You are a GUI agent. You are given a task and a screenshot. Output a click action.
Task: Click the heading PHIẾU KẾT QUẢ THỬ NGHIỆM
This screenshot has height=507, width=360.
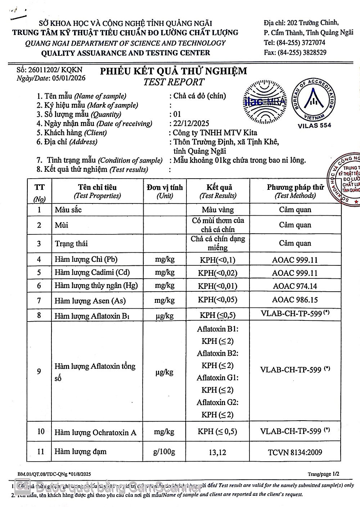174,71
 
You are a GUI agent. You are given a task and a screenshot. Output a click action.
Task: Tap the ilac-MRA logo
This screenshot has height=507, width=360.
265,102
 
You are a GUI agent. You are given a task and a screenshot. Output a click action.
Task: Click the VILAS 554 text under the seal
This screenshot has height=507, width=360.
314,125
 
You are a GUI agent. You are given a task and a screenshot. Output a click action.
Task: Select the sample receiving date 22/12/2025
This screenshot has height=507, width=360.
191,124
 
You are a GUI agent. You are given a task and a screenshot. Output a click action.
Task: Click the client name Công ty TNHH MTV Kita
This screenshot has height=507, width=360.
215,133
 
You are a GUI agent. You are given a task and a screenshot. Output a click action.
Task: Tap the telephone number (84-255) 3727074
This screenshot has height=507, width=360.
301,42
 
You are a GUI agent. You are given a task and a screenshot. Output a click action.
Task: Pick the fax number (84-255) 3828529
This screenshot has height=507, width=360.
302,52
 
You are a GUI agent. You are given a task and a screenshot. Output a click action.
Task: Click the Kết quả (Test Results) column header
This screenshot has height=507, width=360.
218,191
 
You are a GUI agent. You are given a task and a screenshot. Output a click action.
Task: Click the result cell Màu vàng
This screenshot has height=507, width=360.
218,210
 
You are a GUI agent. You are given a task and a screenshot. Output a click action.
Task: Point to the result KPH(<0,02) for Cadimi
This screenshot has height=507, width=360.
218,273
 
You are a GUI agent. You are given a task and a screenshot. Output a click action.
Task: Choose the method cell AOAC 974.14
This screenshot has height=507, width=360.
295,286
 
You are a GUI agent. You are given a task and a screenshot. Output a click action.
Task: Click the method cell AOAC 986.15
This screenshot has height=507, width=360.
295,300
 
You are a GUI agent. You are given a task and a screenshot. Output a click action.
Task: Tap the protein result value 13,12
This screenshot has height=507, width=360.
217,452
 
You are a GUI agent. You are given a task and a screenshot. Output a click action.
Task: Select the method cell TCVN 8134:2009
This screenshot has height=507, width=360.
295,452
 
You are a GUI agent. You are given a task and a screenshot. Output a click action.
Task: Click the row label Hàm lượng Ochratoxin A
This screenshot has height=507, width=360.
95,432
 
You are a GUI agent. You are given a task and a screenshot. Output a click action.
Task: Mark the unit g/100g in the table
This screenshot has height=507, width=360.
164,452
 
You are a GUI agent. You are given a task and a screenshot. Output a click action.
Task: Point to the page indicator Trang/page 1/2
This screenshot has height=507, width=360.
323,474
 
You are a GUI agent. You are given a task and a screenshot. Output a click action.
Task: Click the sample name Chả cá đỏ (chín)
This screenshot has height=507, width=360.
200,96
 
